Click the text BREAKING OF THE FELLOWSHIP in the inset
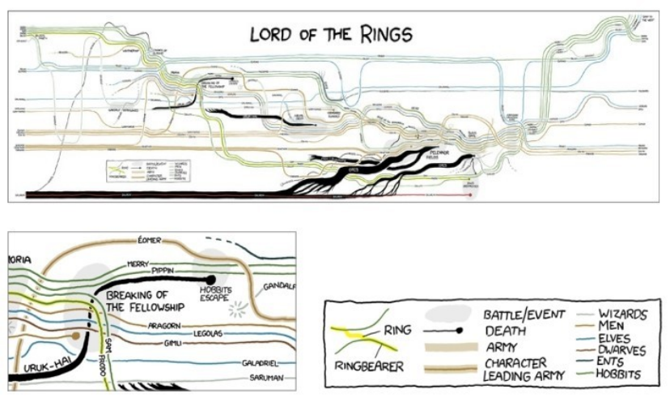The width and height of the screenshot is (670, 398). click(x=146, y=301)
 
